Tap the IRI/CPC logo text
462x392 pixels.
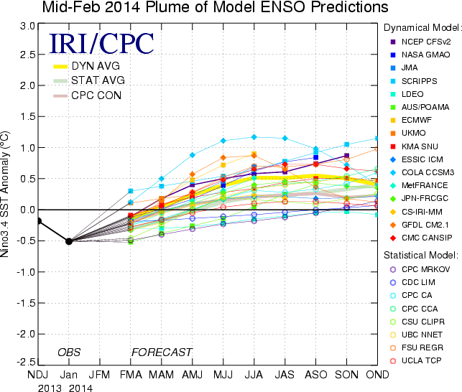click(x=101, y=44)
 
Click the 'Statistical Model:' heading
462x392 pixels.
click(x=420, y=255)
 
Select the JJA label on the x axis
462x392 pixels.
click(x=254, y=375)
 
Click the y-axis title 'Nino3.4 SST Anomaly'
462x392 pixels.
click(x=9, y=194)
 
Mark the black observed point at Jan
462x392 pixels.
click(x=69, y=241)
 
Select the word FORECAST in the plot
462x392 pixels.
click(x=162, y=352)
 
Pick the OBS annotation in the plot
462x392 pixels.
click(x=70, y=352)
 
